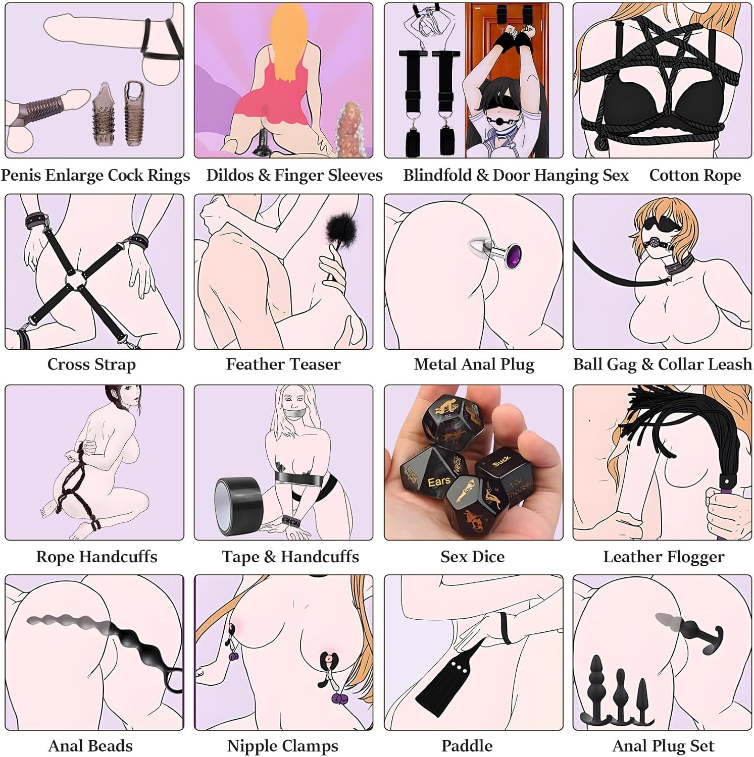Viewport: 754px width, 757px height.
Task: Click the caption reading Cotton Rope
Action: click(x=695, y=175)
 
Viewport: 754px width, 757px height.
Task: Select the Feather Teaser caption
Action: click(x=283, y=364)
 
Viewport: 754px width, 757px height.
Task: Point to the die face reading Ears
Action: click(x=439, y=482)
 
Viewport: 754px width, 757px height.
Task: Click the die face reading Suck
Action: click(x=501, y=461)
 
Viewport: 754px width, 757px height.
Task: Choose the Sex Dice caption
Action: click(x=472, y=557)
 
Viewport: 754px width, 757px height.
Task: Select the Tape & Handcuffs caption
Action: click(x=290, y=557)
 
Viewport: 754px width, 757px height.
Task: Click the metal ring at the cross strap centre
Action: click(x=75, y=279)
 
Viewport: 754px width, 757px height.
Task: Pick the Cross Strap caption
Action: click(x=91, y=364)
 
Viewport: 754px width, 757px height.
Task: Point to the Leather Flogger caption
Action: click(x=664, y=557)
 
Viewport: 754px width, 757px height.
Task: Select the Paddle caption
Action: click(x=467, y=745)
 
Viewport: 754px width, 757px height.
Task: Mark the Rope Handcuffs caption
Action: click(x=96, y=557)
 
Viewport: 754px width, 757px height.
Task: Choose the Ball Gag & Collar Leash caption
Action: click(x=663, y=364)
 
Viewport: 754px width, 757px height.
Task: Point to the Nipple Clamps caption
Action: click(x=283, y=745)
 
